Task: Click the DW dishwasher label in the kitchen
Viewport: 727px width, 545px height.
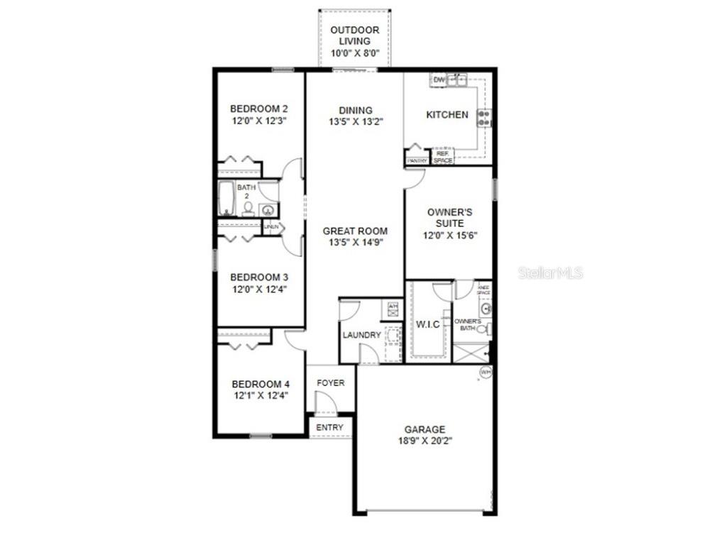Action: tap(439, 79)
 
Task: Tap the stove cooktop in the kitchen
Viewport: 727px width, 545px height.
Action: tap(484, 118)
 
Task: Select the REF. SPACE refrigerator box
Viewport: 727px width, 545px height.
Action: tap(443, 157)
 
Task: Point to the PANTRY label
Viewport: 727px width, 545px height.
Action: tap(417, 161)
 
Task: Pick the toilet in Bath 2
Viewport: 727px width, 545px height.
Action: tap(248, 208)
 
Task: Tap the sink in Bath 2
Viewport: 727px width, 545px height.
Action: tap(268, 209)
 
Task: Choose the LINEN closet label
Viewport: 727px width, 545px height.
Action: tap(270, 227)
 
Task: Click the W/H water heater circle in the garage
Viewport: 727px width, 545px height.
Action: tap(486, 372)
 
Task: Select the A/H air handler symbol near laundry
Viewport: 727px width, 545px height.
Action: tap(393, 307)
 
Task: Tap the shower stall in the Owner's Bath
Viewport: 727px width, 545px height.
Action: tap(470, 353)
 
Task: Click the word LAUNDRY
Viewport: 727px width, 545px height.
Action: tap(361, 335)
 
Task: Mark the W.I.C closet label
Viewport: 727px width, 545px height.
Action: tap(428, 325)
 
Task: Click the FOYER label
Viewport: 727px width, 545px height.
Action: tap(330, 383)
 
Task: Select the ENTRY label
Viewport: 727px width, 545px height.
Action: tap(329, 427)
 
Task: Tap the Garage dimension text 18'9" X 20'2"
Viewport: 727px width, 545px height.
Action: tap(425, 441)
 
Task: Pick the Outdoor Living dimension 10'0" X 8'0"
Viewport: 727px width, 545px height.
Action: tap(355, 53)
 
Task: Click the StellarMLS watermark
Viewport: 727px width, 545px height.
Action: tap(550, 272)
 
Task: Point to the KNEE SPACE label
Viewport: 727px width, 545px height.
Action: tap(483, 290)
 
